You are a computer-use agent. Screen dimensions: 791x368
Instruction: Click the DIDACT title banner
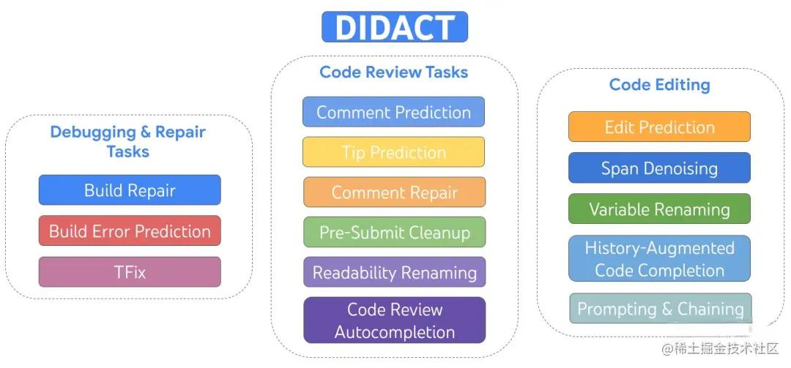click(395, 27)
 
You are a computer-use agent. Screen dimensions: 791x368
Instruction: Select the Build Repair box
click(130, 190)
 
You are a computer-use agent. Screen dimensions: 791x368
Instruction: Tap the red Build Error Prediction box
click(130, 231)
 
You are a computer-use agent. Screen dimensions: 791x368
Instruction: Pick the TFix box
click(130, 272)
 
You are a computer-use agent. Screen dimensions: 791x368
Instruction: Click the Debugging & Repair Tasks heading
click(128, 142)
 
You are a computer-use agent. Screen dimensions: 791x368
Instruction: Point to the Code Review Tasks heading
click(394, 72)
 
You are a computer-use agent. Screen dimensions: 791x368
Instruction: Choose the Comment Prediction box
click(394, 112)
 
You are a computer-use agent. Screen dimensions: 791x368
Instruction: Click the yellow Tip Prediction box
click(394, 152)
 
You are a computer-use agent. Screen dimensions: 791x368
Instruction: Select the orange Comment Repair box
click(394, 192)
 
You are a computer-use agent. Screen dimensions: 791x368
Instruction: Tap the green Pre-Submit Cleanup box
click(394, 233)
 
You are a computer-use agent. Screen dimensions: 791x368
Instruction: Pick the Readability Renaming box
click(394, 273)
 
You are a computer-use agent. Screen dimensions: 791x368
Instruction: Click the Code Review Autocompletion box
click(394, 320)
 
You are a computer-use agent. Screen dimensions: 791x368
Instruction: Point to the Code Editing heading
click(659, 85)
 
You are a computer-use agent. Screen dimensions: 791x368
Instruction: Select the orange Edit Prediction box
click(659, 127)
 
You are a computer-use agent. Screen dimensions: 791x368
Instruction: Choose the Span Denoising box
click(659, 168)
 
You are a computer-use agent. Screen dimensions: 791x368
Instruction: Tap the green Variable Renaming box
click(659, 209)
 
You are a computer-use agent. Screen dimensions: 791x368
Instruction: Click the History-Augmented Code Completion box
click(659, 259)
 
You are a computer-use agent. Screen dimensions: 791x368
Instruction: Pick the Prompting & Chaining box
click(660, 309)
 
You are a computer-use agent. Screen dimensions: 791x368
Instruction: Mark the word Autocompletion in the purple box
click(395, 332)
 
